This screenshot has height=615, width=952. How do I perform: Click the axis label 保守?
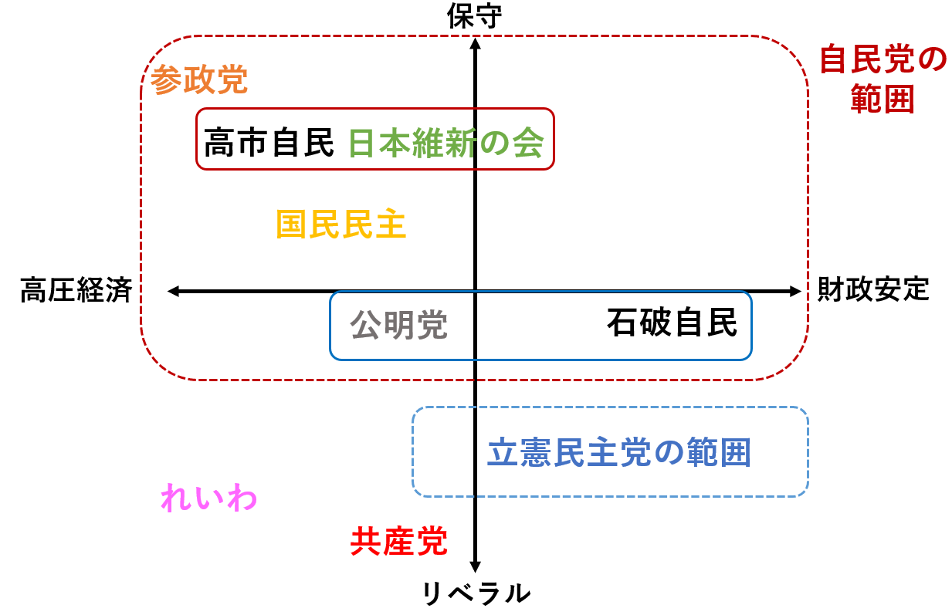475,16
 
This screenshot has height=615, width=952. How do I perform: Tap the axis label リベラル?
476,593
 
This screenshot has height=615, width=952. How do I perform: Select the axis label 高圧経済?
76,291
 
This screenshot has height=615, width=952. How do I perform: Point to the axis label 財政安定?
872,290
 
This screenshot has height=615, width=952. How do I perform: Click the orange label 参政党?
199,79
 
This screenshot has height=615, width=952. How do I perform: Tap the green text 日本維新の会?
446,144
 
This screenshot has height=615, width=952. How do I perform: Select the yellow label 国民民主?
341,225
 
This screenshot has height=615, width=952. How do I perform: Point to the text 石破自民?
671,323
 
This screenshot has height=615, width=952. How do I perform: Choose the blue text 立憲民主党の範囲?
619,452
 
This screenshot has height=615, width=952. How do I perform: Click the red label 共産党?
398,542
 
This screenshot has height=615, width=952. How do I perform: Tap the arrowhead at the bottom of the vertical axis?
476,566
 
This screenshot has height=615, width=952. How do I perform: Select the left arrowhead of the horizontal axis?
173,291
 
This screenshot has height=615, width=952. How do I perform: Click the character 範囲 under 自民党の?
883,100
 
